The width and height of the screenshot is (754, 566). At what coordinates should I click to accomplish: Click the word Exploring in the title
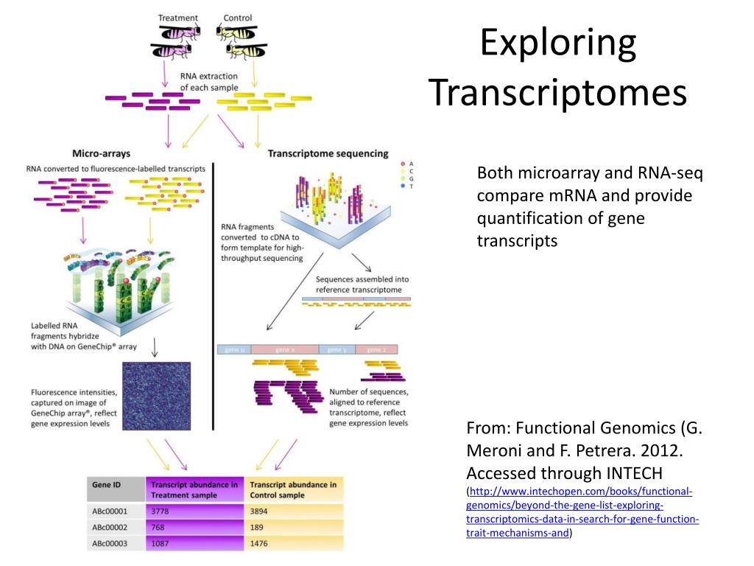click(x=557, y=43)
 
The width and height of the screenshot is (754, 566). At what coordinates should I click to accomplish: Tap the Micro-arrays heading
click(x=101, y=153)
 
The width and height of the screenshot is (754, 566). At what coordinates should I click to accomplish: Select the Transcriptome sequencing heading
click(x=328, y=153)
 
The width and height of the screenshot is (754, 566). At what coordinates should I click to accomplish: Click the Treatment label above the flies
click(x=178, y=18)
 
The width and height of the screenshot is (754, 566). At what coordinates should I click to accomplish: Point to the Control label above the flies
click(x=237, y=18)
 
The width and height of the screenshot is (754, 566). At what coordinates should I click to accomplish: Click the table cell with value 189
click(x=258, y=527)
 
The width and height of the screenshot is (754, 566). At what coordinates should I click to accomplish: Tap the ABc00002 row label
click(x=110, y=527)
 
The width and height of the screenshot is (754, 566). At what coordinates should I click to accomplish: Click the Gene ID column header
click(x=106, y=485)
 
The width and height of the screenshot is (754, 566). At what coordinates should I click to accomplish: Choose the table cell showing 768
click(x=159, y=527)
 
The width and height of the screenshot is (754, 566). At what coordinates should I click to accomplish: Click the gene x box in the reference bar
click(x=284, y=349)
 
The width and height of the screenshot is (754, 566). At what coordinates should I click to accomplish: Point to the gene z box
click(x=376, y=349)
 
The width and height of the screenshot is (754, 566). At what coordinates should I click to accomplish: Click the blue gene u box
click(x=234, y=349)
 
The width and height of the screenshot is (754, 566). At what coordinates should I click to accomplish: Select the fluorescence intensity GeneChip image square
click(x=156, y=396)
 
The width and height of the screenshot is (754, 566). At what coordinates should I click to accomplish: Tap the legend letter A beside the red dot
click(x=412, y=163)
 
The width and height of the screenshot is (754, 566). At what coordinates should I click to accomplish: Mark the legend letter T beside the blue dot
click(x=412, y=186)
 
